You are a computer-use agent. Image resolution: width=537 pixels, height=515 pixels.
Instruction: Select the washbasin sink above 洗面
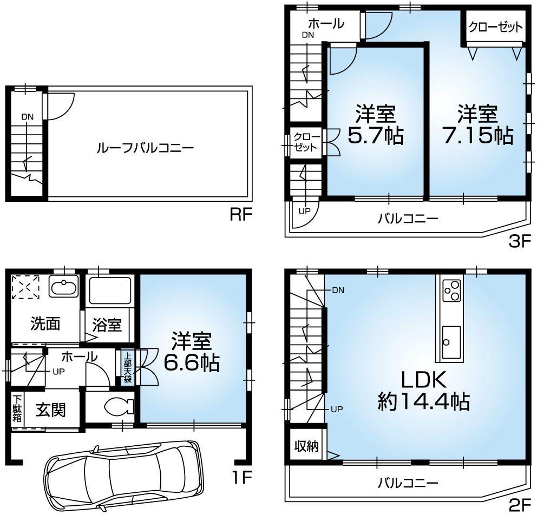[x=64, y=286]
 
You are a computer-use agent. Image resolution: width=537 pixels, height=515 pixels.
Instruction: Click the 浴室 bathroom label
[x=107, y=326]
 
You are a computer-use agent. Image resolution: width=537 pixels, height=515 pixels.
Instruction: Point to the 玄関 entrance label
[x=51, y=410]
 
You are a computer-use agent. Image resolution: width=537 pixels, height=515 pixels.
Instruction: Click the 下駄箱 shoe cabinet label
[x=16, y=409]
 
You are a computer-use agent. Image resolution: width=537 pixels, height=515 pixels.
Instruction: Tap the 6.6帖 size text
[x=192, y=363]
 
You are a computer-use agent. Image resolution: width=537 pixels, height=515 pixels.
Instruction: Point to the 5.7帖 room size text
[x=375, y=136]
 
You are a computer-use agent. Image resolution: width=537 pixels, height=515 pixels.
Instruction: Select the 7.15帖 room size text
[x=477, y=136]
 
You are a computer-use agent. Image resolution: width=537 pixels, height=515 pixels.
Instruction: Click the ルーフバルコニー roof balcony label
[x=145, y=147]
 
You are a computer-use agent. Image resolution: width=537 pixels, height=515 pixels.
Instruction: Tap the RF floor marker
[x=241, y=215]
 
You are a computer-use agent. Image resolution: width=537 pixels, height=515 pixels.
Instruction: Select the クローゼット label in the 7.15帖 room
[x=496, y=27]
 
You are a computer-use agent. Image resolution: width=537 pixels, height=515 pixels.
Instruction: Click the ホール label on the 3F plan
[x=326, y=23]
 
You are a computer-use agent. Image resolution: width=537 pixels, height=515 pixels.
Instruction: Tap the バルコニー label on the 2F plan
[x=408, y=481]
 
